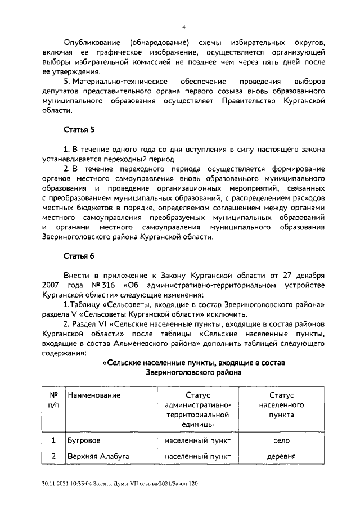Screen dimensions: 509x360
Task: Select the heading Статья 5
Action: (79, 130)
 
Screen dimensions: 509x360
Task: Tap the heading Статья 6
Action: (79, 256)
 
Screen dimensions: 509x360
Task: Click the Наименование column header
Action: (94, 395)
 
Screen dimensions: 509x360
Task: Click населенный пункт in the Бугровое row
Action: (195, 440)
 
